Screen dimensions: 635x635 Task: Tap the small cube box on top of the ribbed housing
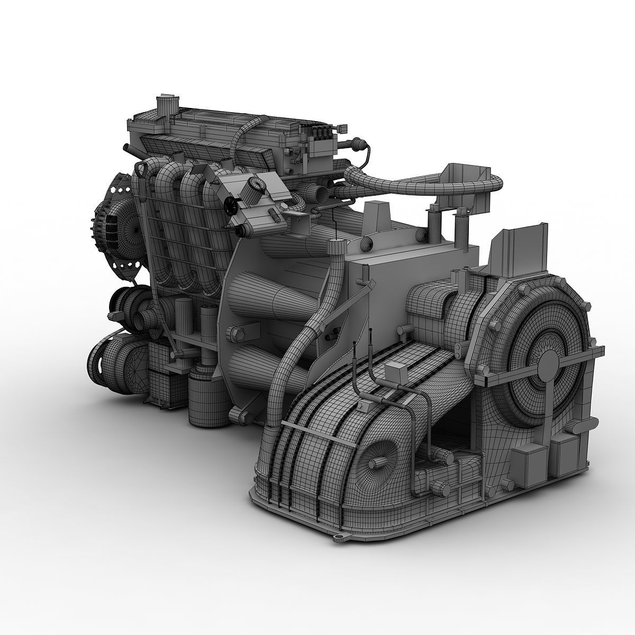(395, 374)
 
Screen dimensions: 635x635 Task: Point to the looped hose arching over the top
(423, 183)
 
